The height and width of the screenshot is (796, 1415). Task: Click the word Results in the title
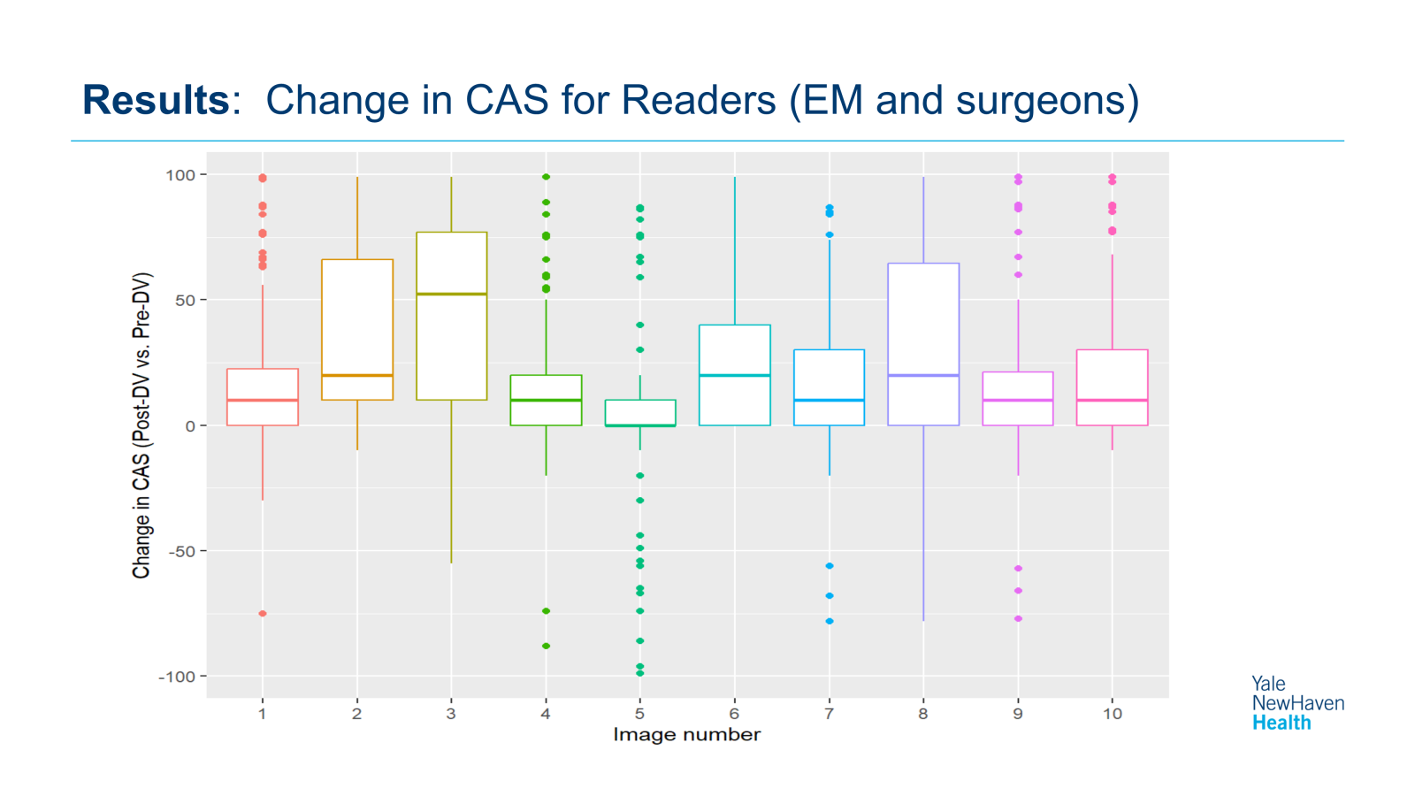coord(156,100)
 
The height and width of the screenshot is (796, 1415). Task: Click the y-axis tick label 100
coord(180,175)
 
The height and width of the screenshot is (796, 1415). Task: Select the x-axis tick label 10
coord(1112,714)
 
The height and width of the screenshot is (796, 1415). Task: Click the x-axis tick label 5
coord(639,714)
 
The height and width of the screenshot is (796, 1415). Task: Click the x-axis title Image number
coord(686,735)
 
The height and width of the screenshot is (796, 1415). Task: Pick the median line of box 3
coord(451,294)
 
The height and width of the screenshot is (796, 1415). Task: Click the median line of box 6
coord(734,376)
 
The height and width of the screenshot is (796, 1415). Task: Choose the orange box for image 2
coord(357,318)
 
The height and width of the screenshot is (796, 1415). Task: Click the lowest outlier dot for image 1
coord(263,614)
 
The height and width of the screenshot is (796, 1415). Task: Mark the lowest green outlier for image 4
coord(546,647)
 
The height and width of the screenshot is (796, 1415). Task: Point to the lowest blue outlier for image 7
coord(829,622)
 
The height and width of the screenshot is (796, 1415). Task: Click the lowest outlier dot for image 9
coord(1018,619)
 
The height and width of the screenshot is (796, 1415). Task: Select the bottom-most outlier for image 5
coord(640,674)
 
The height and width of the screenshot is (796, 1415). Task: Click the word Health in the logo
coord(1281,723)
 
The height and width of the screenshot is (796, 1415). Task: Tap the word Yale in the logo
coord(1268,684)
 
